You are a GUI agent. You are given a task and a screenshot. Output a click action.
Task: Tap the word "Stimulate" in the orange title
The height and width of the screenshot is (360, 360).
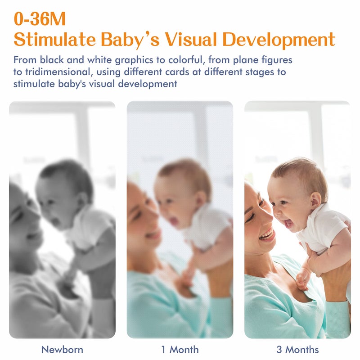(54, 40)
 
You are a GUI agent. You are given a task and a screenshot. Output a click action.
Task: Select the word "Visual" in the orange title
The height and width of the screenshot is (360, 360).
(190, 40)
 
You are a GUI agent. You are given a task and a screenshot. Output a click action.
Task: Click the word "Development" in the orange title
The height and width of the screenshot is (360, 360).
(279, 40)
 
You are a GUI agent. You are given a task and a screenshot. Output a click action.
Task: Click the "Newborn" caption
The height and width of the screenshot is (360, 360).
(62, 350)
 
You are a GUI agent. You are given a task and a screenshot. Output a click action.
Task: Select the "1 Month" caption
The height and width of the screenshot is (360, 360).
(180, 350)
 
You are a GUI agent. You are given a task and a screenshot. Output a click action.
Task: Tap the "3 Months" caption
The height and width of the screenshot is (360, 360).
(297, 350)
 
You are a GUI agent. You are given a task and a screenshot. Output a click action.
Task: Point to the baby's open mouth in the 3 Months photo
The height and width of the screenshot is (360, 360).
(288, 222)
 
